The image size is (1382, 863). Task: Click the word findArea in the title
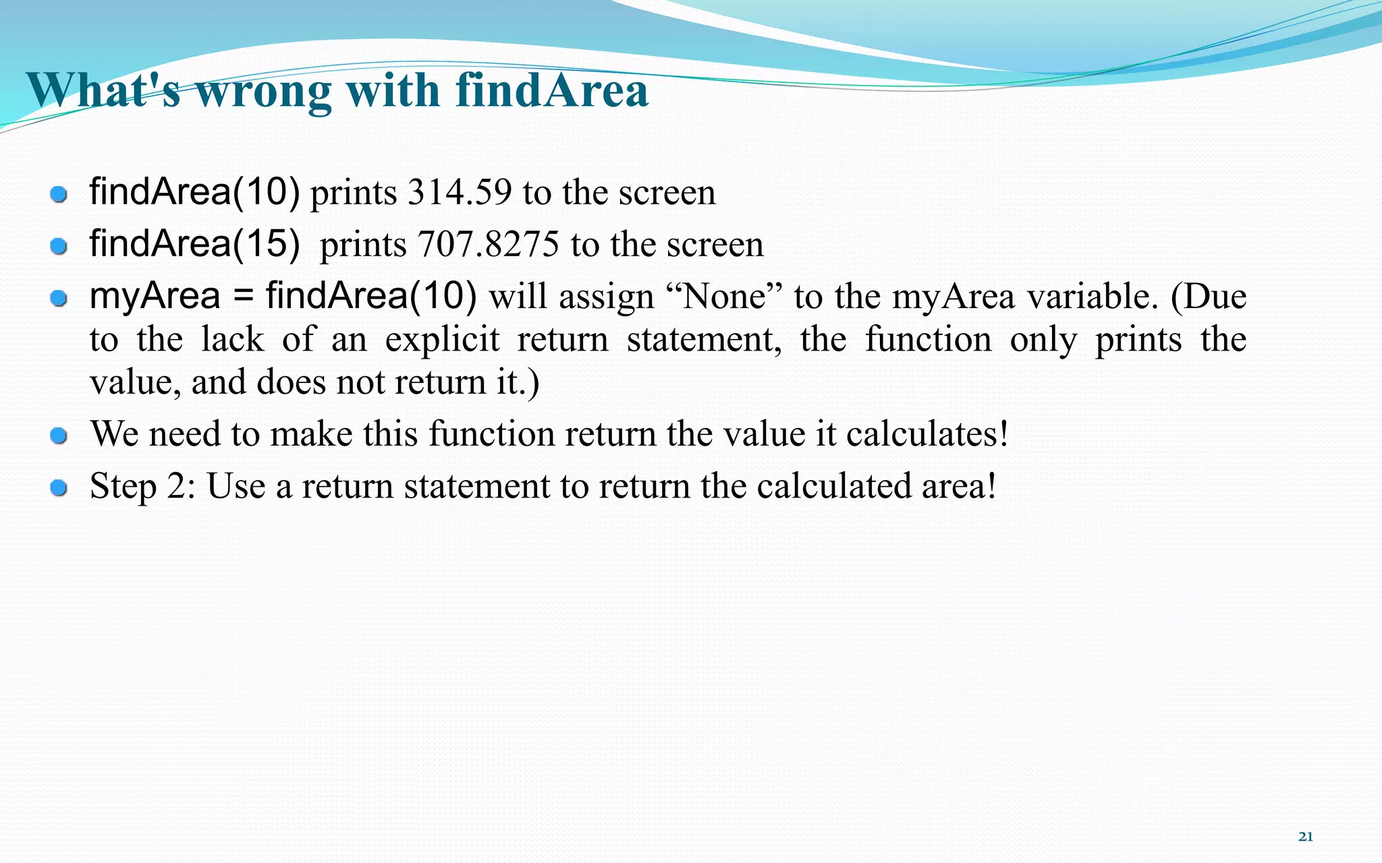pos(552,90)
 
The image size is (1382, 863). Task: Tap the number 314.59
pos(460,193)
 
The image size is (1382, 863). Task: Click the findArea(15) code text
pos(194,243)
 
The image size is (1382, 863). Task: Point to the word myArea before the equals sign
pos(155,297)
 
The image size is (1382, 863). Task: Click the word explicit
pos(442,339)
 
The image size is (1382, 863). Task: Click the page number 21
pos(1305,837)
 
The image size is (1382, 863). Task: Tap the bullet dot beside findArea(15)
pos(59,246)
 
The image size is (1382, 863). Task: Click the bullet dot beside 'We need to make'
pos(59,436)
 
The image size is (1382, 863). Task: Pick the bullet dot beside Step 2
pos(59,487)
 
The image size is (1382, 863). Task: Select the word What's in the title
pos(103,90)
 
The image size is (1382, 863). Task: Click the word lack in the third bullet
pos(232,339)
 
